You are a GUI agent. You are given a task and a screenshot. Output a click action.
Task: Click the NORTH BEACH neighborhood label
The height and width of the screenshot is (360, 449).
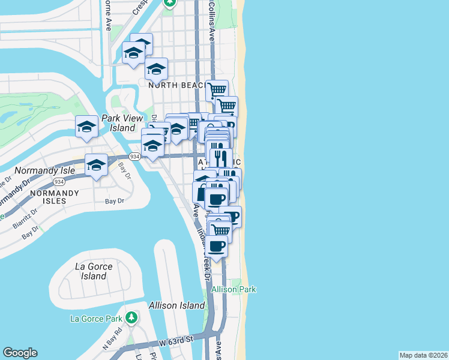point(178,85)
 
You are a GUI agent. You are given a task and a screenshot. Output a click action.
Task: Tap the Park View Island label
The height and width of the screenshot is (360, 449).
point(118,123)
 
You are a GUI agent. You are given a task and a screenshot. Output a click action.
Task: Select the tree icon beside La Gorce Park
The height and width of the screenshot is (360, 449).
point(131,317)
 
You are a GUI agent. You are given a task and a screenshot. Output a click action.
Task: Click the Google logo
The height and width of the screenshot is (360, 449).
point(20,353)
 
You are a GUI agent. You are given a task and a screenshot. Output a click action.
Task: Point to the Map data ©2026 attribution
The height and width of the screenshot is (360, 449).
point(423,355)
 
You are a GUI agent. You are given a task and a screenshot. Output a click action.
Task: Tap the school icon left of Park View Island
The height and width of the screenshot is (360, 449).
point(87,126)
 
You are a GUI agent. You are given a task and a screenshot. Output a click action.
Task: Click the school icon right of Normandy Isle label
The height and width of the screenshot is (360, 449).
point(96,164)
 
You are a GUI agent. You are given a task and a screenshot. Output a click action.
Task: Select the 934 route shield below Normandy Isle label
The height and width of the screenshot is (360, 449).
point(59,181)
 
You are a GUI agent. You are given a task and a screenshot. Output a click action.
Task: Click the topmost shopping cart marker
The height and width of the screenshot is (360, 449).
point(217,90)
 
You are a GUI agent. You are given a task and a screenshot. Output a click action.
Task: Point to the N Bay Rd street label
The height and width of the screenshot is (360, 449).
point(112,339)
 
